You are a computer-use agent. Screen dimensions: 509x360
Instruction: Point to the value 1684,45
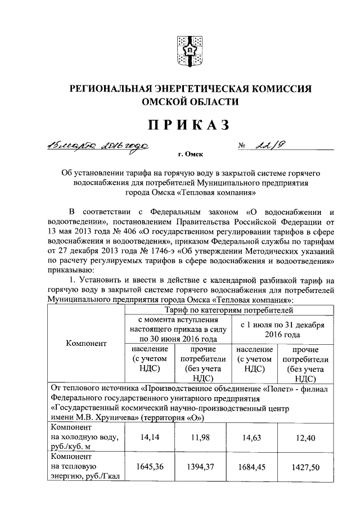point(253,466)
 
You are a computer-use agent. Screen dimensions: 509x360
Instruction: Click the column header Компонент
point(85,344)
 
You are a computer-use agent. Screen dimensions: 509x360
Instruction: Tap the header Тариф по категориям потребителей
point(228,309)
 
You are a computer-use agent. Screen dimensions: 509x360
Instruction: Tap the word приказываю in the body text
point(72,269)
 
